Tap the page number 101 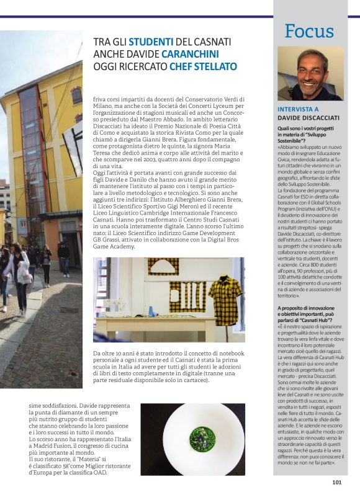coord(337,482)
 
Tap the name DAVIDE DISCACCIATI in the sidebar coord(308,118)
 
